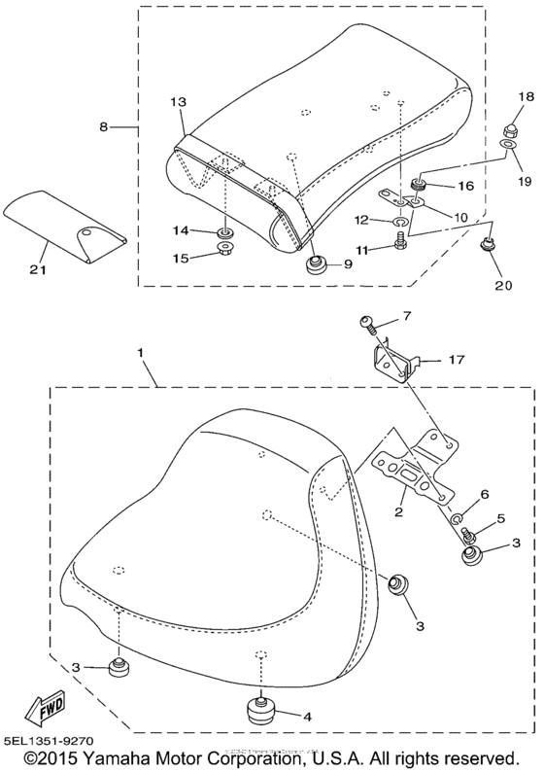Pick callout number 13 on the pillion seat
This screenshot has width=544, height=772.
pos(177,101)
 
